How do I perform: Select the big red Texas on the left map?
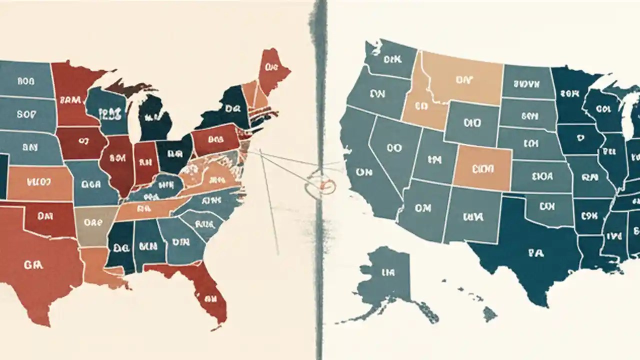pos(35,265)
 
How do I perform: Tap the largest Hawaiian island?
pos(489,314)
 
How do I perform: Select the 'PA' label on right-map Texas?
pos(534,253)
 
